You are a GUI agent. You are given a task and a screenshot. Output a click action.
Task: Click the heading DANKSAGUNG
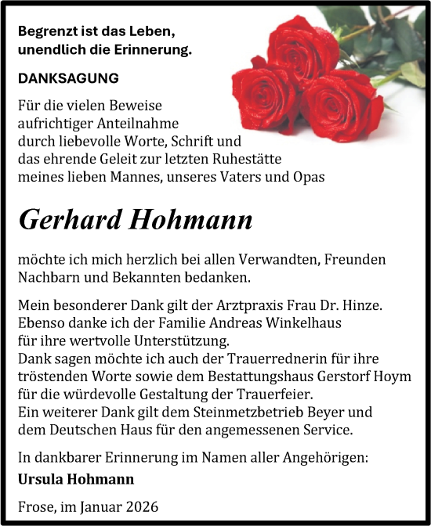[68, 78]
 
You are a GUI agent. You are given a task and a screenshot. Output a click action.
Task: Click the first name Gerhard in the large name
[64, 220]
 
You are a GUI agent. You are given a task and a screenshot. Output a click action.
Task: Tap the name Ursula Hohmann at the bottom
[75, 478]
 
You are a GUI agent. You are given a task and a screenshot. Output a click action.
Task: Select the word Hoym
[394, 377]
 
